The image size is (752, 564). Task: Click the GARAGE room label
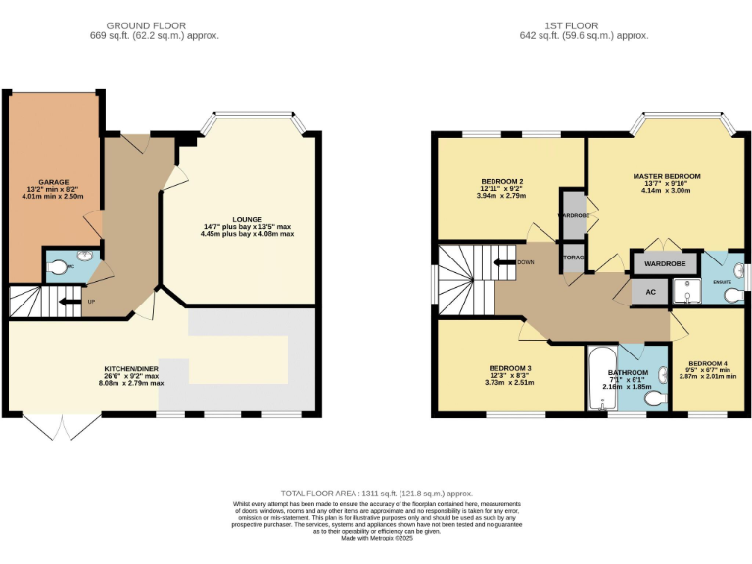54,183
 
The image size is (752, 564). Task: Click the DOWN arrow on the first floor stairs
506,262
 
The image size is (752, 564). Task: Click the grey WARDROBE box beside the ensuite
665,263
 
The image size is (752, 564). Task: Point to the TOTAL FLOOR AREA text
376,493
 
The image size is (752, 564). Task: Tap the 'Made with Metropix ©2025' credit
376,538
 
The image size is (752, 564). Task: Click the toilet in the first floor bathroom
653,398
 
